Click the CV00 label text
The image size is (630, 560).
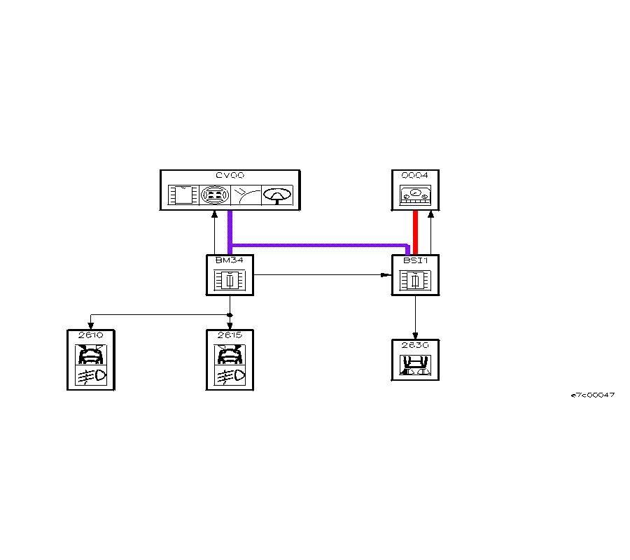(230, 175)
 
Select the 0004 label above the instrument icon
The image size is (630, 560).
(415, 175)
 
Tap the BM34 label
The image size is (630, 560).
(229, 260)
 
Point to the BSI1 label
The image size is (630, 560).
(415, 260)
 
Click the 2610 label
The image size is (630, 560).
(91, 335)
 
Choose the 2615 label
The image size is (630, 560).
(230, 335)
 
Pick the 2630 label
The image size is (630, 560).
(415, 345)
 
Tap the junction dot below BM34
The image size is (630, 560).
(230, 316)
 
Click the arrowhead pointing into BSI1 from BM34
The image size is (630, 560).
(387, 275)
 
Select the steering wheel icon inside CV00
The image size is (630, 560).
(277, 195)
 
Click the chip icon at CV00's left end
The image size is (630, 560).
(184, 195)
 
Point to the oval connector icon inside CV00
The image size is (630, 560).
(214, 195)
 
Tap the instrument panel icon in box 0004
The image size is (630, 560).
(415, 196)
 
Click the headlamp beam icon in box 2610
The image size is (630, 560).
(91, 377)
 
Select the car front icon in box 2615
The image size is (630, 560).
(230, 356)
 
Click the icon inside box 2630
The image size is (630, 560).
(415, 365)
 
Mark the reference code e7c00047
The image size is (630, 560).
(593, 395)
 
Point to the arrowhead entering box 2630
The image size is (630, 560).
(416, 335)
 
